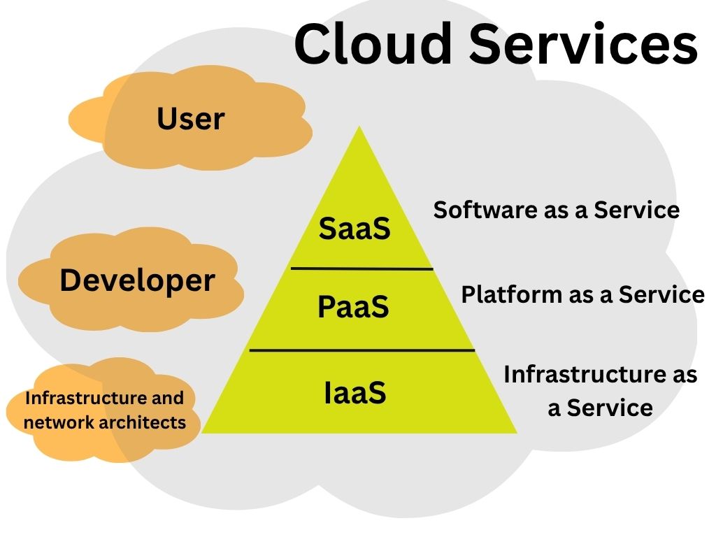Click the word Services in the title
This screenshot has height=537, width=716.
coord(583,43)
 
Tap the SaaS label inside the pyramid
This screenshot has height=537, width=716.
coord(355,229)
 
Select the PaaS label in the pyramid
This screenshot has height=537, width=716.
coord(353,307)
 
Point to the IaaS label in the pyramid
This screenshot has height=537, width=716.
coord(355,392)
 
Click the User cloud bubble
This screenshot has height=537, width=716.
coord(190,118)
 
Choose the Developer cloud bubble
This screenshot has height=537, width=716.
coord(137,280)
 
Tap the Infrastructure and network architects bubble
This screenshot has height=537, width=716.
coord(105,410)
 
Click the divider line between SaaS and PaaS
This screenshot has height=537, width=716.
coord(361,268)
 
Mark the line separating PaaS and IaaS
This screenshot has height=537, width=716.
coord(361,349)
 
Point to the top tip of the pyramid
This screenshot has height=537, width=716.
coord(359,128)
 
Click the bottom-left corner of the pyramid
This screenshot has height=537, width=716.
coord(203,432)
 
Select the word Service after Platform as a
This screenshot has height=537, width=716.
coord(661,294)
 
